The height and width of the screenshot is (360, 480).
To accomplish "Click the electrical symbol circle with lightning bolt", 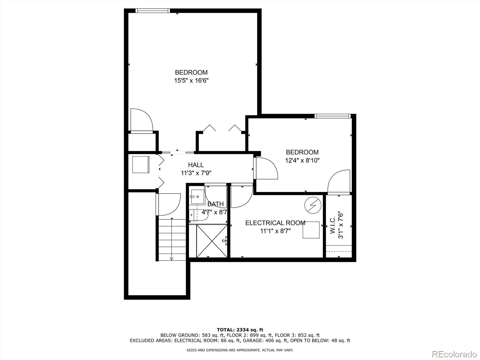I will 313,205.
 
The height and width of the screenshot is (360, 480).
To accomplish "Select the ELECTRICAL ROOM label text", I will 275,223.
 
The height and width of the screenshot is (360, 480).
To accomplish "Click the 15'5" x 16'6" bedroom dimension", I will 191,80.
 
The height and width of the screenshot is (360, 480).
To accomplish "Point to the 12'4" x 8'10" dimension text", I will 302,160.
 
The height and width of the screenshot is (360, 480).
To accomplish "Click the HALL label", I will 196,165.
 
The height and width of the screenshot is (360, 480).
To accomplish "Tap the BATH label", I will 215,204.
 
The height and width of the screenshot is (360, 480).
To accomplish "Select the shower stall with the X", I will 212,241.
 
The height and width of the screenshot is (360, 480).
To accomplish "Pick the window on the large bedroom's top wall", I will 153,11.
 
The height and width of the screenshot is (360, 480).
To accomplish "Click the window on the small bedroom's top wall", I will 332,116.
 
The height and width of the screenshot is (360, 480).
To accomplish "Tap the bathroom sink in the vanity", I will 197,196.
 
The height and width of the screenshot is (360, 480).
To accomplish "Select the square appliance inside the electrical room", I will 311,230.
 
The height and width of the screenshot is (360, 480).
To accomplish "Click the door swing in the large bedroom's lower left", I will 141,120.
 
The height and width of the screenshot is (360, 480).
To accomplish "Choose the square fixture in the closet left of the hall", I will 141,164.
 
